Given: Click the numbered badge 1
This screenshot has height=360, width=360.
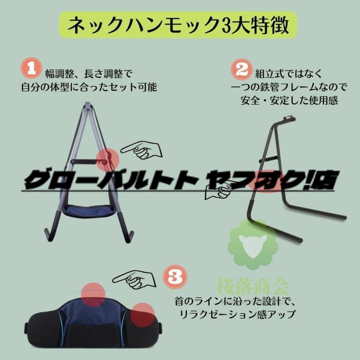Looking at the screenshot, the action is pyautogui.click(x=31, y=68).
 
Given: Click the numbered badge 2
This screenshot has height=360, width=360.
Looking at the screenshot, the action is pyautogui.click(x=242, y=69).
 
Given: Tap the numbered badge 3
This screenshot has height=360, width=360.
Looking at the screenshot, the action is pyautogui.click(x=175, y=277).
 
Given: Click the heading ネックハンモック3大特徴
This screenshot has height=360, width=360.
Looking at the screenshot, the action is pyautogui.click(x=178, y=25).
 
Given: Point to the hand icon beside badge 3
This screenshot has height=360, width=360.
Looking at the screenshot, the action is pyautogui.click(x=135, y=280).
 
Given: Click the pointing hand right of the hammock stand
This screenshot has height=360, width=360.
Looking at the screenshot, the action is pyautogui.click(x=142, y=150).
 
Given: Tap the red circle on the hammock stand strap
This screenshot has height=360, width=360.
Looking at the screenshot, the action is pyautogui.click(x=108, y=160).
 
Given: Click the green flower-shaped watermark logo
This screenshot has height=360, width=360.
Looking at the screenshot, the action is pyautogui.click(x=252, y=244).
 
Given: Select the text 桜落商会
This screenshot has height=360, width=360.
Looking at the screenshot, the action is pyautogui.click(x=253, y=286).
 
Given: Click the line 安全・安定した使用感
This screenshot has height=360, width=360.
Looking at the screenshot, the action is pyautogui.click(x=289, y=100).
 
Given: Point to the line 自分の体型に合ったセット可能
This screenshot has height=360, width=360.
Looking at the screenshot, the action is pyautogui.click(x=89, y=87).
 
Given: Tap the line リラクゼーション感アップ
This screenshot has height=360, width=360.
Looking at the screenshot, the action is pyautogui.click(x=237, y=314).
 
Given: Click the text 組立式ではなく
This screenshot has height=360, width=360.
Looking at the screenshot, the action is pyautogui.click(x=289, y=74).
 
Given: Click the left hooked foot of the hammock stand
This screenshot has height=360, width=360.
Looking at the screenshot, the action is pyautogui.click(x=49, y=234).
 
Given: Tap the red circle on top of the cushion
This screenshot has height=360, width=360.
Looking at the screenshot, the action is pyautogui.click(x=93, y=295).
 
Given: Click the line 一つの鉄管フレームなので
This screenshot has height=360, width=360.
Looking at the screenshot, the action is pyautogui.click(x=289, y=87).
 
